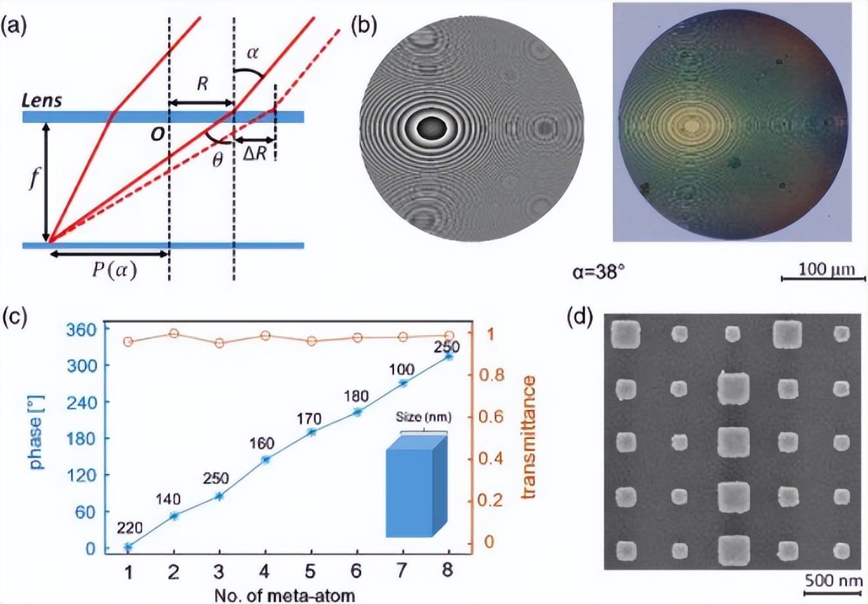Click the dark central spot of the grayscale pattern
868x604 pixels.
[433, 127]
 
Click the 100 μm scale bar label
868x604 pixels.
[821, 269]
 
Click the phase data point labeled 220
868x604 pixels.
[129, 546]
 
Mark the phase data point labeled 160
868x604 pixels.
[266, 460]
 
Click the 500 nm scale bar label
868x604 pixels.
[830, 580]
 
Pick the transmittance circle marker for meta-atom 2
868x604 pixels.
[174, 334]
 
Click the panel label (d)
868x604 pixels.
[580, 320]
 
